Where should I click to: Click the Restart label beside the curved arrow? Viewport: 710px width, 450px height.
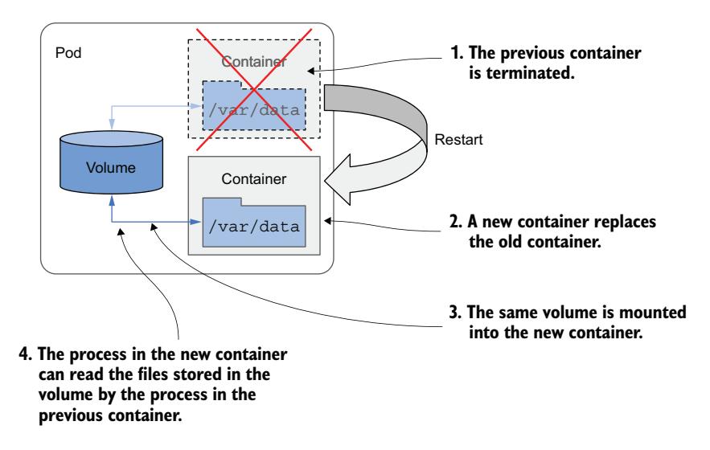point(455,139)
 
